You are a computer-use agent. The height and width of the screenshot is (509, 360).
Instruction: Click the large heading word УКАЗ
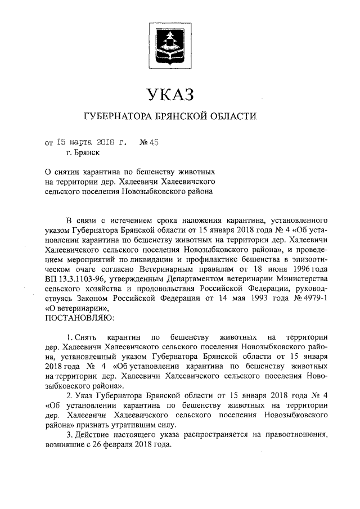169,93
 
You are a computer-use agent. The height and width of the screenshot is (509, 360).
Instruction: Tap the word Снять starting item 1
92,337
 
